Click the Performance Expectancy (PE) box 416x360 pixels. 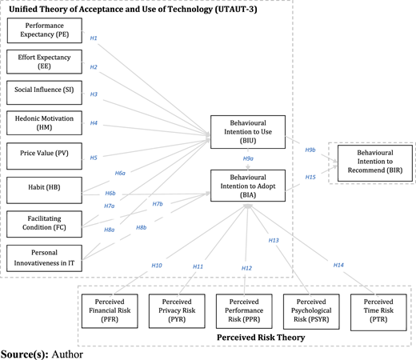(45, 30)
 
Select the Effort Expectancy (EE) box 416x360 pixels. (44, 62)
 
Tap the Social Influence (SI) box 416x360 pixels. (44, 93)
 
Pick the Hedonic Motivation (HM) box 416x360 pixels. (44, 123)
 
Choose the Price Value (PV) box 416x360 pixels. (44, 156)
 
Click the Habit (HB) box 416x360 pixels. (44, 190)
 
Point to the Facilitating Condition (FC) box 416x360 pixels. (44, 224)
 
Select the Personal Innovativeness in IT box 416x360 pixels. (44, 258)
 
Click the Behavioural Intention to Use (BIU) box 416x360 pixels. (248, 132)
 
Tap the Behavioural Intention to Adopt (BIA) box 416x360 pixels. (248, 186)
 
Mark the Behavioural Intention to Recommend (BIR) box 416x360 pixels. (375, 163)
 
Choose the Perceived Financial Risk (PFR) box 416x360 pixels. (110, 311)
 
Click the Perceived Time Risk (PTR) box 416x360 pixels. (378, 312)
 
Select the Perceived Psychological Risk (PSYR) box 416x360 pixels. (311, 311)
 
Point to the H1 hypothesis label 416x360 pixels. (94, 38)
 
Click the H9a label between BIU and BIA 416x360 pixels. (248, 158)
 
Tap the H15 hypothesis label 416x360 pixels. (310, 178)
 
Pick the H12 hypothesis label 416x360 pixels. (246, 268)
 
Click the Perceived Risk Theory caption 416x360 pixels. (261, 338)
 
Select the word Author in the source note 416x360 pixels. (67, 354)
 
